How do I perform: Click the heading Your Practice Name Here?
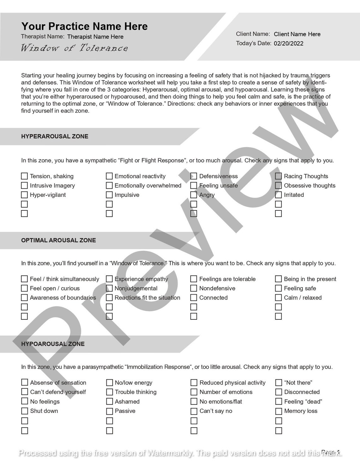click(84, 26)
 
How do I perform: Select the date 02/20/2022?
click(288, 44)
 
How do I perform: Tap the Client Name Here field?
click(297, 34)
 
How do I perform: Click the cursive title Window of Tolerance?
click(74, 48)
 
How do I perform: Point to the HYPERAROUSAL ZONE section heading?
click(55, 136)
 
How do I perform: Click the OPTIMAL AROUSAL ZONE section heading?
click(58, 240)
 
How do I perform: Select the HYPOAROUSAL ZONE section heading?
click(53, 344)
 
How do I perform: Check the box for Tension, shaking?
click(24, 176)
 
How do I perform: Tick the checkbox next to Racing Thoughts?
click(278, 176)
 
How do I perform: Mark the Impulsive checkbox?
click(109, 195)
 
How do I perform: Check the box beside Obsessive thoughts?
click(278, 185)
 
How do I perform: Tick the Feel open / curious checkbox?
click(24, 288)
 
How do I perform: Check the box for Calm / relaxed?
click(278, 298)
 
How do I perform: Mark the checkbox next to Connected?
click(194, 298)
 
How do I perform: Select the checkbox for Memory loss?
click(279, 411)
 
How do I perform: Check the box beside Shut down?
click(25, 411)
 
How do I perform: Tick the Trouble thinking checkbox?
click(110, 392)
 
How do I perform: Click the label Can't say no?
click(216, 411)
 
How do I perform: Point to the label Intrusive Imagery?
click(52, 186)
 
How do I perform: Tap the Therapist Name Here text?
click(95, 37)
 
